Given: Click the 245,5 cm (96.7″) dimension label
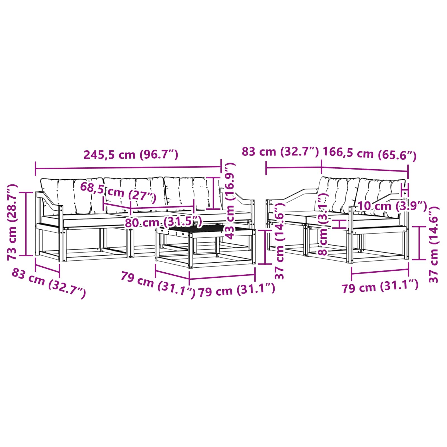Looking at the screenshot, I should tap(131, 154).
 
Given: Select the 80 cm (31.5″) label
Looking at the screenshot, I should tap(163, 223).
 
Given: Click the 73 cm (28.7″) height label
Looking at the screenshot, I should tap(13, 222).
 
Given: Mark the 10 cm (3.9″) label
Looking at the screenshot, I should tap(392, 206).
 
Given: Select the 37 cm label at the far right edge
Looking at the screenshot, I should tap(433, 244).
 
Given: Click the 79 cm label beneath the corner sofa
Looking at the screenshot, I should tap(380, 287).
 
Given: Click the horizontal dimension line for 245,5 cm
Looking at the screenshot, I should tap(129, 168).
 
